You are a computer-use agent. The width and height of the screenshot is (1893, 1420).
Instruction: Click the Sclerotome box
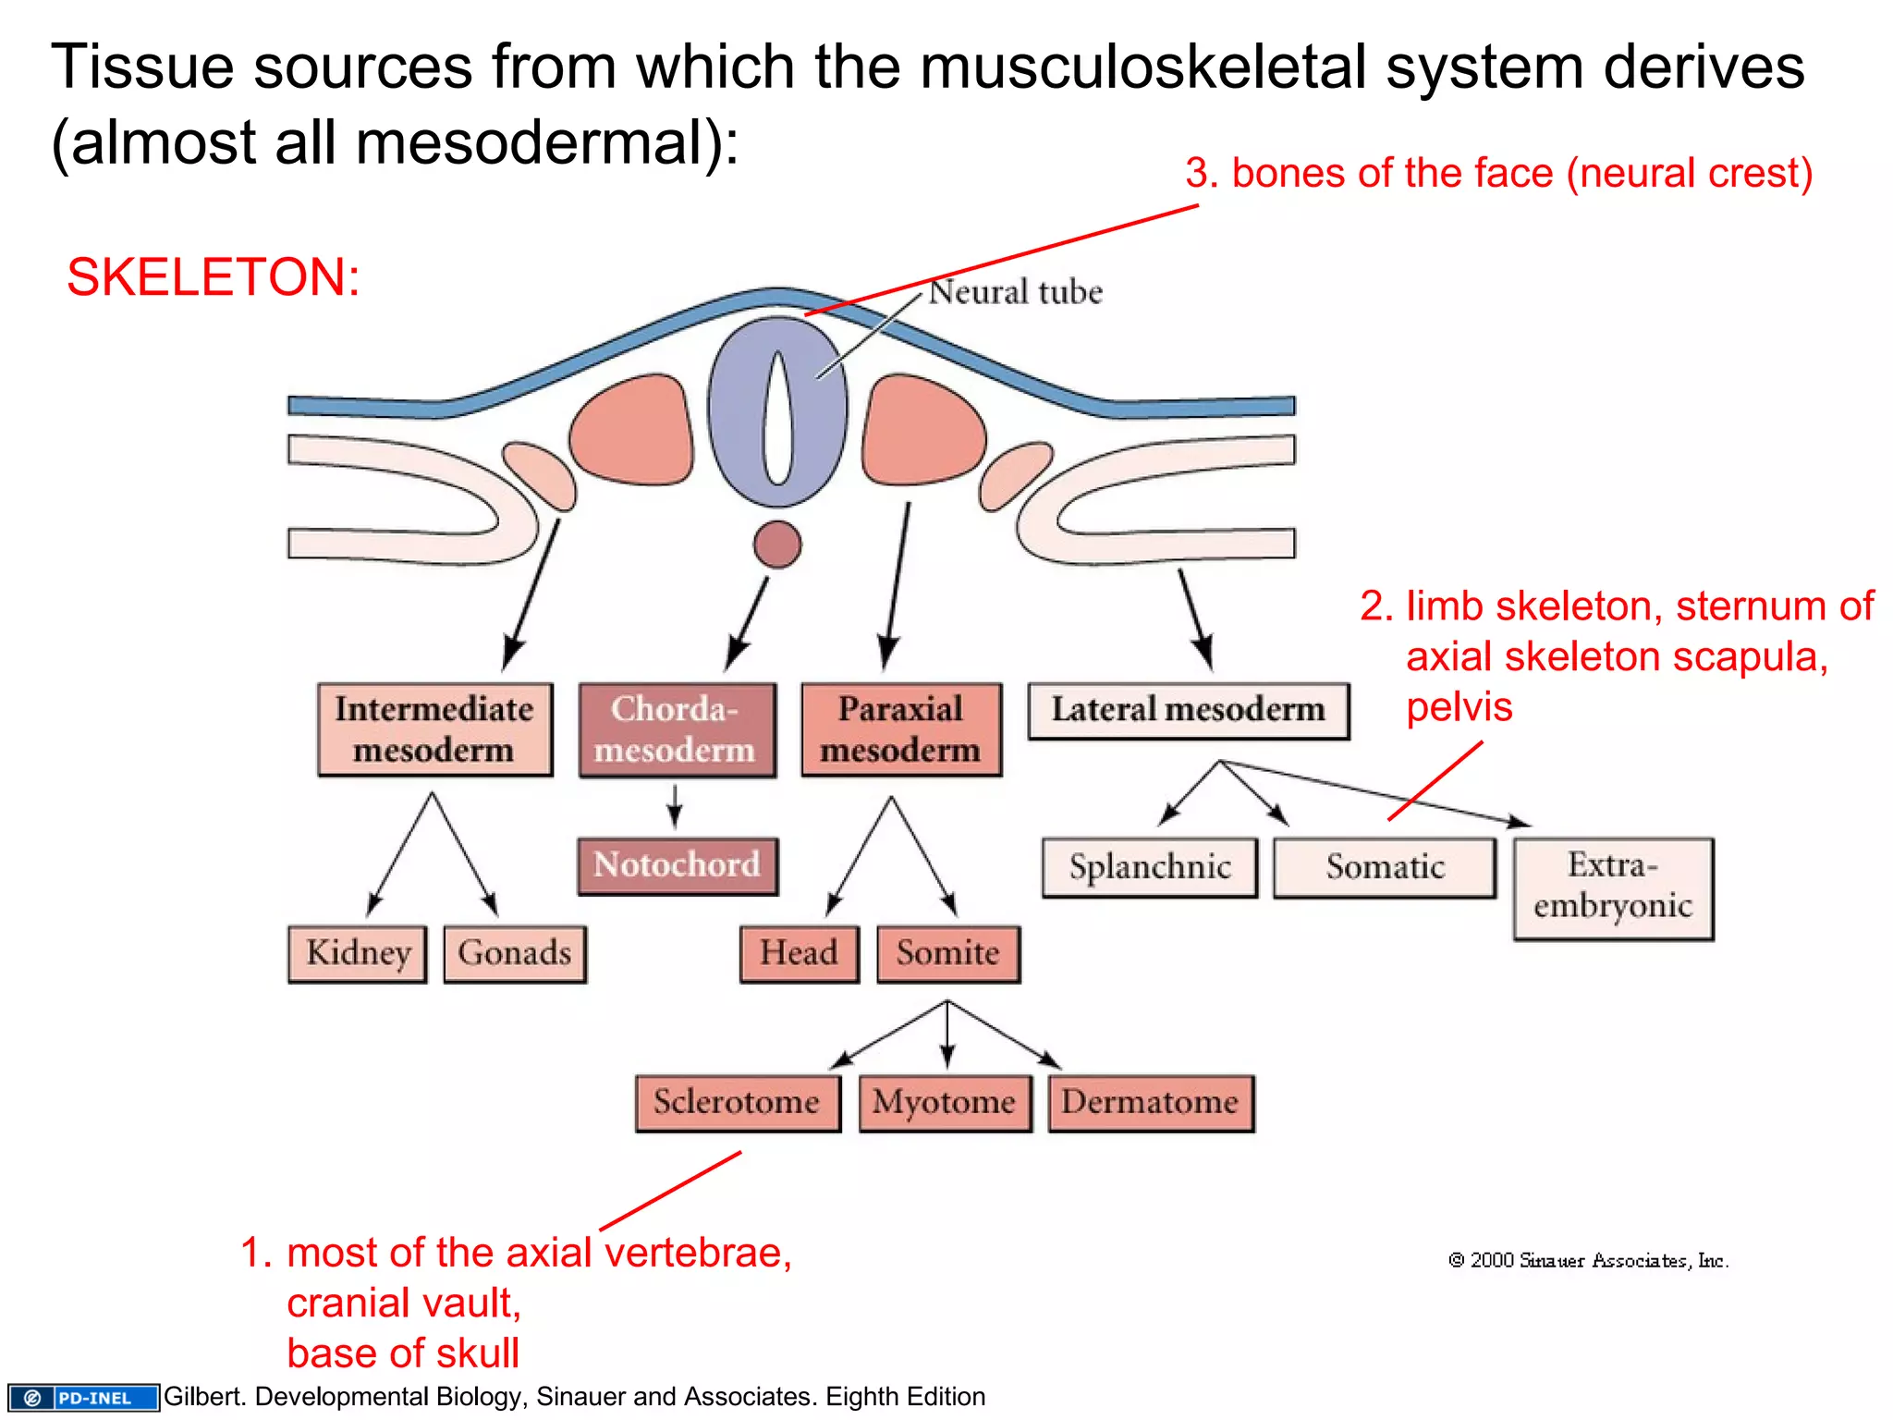click(738, 1103)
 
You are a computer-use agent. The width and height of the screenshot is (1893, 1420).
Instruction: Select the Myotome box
click(945, 1103)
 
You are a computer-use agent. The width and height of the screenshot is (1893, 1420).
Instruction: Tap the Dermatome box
click(1151, 1103)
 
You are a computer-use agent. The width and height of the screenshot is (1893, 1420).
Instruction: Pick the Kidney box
click(358, 954)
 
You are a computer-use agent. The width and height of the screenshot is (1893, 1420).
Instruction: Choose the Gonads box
click(515, 954)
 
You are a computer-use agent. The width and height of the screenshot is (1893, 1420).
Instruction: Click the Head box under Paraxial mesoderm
click(800, 954)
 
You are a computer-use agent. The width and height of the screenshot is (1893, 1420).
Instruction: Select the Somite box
click(948, 954)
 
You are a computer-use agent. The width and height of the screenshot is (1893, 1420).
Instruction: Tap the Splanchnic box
click(1150, 867)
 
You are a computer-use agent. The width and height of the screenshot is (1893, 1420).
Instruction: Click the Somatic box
click(1385, 867)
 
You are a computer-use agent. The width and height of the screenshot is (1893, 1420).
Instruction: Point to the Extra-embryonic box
click(1613, 887)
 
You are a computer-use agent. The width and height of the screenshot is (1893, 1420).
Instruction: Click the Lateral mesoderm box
click(1189, 711)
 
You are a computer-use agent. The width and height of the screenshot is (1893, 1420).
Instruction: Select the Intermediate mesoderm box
click(434, 729)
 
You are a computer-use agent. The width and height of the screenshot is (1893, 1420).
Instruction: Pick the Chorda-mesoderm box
click(677, 729)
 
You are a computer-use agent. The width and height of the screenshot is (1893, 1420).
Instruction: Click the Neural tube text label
click(1015, 292)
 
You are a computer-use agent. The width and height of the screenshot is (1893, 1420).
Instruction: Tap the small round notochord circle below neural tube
click(777, 545)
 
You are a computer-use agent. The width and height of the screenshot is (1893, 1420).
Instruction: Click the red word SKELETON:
click(213, 277)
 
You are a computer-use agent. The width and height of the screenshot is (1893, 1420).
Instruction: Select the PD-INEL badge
click(83, 1397)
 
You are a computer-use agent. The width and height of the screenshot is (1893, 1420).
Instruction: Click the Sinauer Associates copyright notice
click(1587, 1261)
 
